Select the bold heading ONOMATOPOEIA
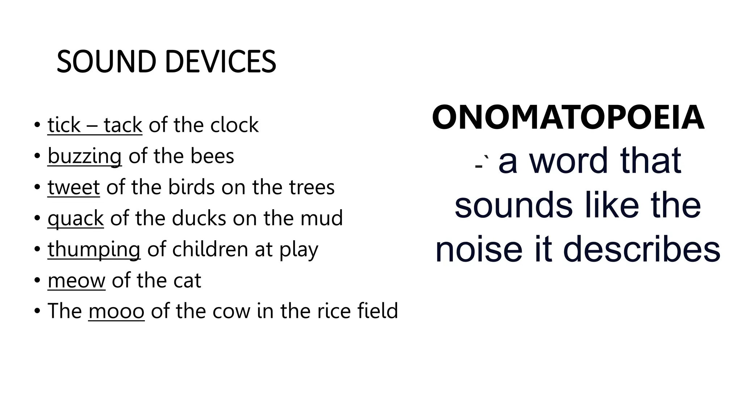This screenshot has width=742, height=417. click(568, 118)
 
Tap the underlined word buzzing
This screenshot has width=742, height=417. click(84, 156)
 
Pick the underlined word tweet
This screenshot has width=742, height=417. click(74, 187)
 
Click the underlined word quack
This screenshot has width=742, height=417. click(76, 218)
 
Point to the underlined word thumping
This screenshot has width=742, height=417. click(94, 249)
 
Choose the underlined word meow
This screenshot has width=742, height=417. click(76, 281)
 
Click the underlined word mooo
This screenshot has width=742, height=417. click(116, 311)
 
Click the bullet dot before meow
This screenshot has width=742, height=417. click(37, 281)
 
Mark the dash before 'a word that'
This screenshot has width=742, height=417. click(479, 166)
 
